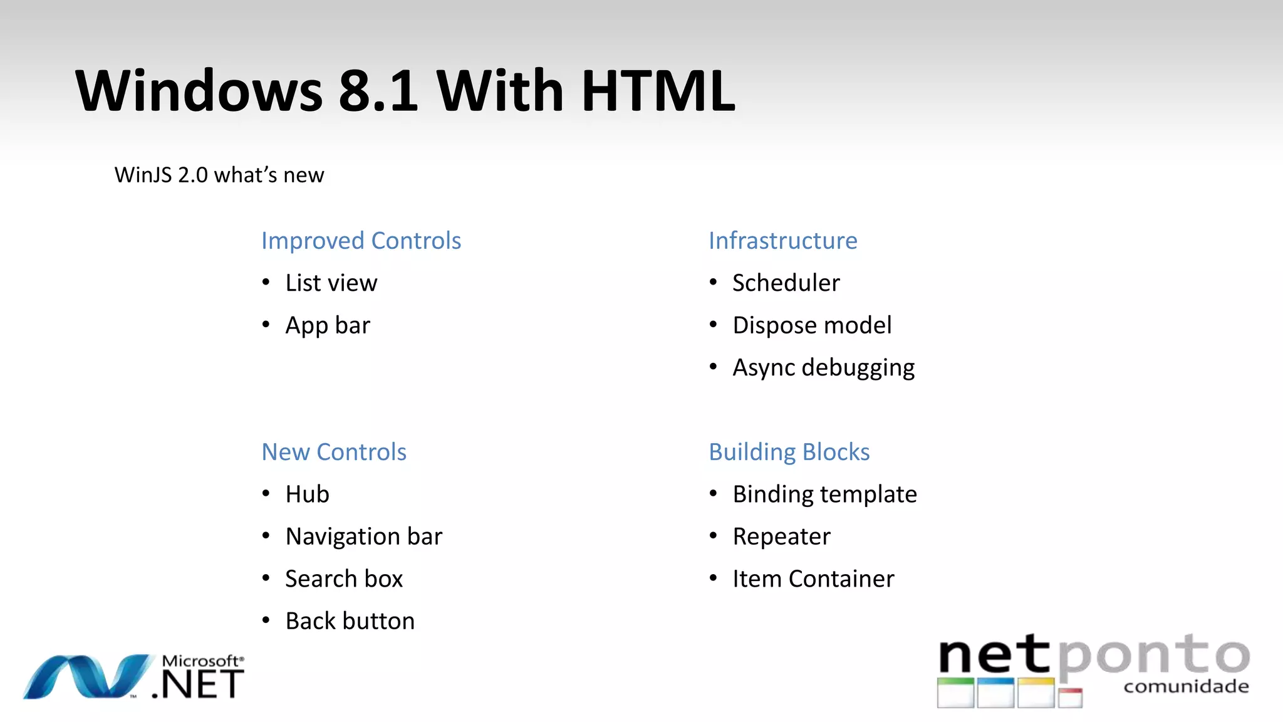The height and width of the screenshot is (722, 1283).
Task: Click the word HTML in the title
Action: (658, 91)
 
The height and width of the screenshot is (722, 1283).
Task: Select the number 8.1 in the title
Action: (378, 91)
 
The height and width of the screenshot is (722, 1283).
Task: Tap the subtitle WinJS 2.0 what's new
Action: (219, 175)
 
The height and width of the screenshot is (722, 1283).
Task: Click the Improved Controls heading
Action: (361, 241)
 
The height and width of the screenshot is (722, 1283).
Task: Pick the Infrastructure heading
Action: (782, 241)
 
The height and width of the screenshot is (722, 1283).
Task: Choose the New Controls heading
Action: (334, 452)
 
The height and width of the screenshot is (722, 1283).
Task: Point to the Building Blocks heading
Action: (789, 452)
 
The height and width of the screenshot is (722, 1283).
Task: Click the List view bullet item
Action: (331, 283)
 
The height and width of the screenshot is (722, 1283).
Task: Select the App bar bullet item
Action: (328, 326)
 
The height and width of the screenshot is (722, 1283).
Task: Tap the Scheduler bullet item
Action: (786, 283)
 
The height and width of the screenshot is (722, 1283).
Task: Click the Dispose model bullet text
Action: (812, 325)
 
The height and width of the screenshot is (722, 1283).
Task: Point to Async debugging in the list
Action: (823, 368)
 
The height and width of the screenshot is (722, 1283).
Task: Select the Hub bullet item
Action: (307, 494)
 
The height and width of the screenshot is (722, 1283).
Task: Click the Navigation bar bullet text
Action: (363, 536)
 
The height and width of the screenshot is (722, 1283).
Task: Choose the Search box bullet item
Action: (344, 579)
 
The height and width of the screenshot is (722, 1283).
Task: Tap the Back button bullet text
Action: (350, 621)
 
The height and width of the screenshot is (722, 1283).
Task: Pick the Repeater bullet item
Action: (781, 536)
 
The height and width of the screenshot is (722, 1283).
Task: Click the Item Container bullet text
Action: (813, 579)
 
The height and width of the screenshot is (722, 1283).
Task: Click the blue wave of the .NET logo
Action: (88, 677)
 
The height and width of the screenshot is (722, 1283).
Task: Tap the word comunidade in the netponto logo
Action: (1186, 687)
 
